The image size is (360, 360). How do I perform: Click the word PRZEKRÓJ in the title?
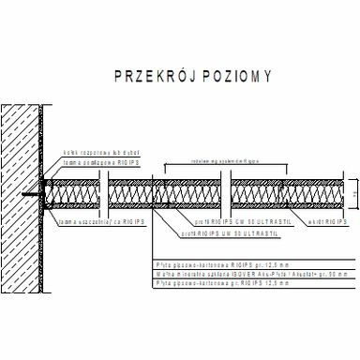145,76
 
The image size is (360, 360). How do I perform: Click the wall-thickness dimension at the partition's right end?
355,194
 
